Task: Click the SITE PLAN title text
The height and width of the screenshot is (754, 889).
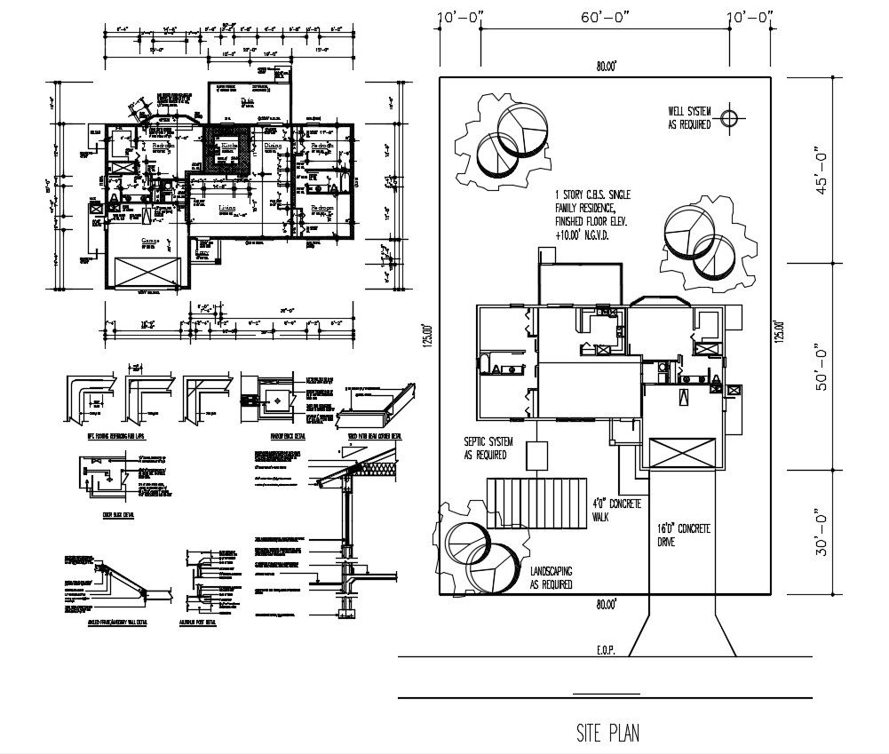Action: tap(607, 734)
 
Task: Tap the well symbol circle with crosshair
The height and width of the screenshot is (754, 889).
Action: tap(729, 116)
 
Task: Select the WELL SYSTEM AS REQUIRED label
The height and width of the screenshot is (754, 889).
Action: tap(689, 118)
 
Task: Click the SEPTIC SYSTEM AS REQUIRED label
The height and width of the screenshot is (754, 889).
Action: tap(485, 448)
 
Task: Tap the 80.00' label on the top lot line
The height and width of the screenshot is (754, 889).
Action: tap(606, 66)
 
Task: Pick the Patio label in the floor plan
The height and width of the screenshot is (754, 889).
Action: tap(249, 100)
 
